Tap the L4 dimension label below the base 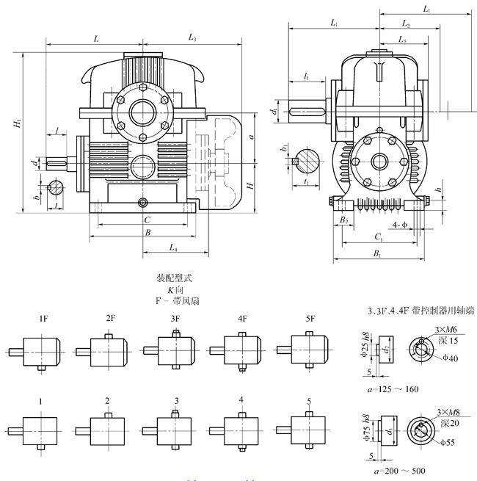click(173, 248)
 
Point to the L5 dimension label click(402, 40)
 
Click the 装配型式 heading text click(175, 280)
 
